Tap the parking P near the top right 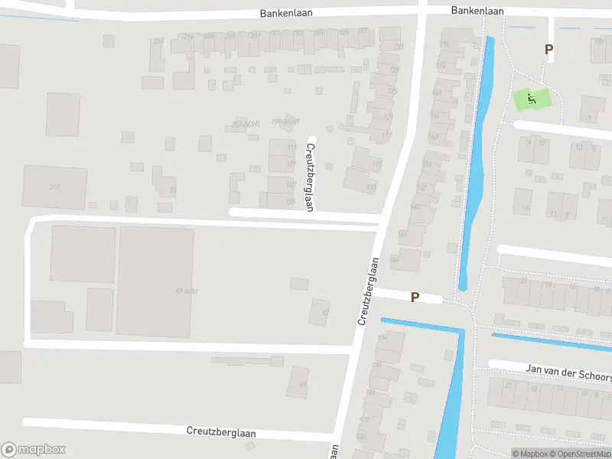[x=549, y=49]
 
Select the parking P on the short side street [x=415, y=297]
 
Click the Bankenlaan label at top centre [x=285, y=13]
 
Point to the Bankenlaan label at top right [x=477, y=10]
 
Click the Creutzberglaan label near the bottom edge [x=221, y=431]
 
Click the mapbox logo [x=33, y=450]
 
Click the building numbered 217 [x=54, y=186]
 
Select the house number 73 [x=173, y=190]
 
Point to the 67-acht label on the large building [x=187, y=291]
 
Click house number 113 [x=372, y=187]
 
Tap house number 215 [x=158, y=41]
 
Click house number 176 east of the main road [x=444, y=45]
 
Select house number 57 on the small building [x=325, y=312]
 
